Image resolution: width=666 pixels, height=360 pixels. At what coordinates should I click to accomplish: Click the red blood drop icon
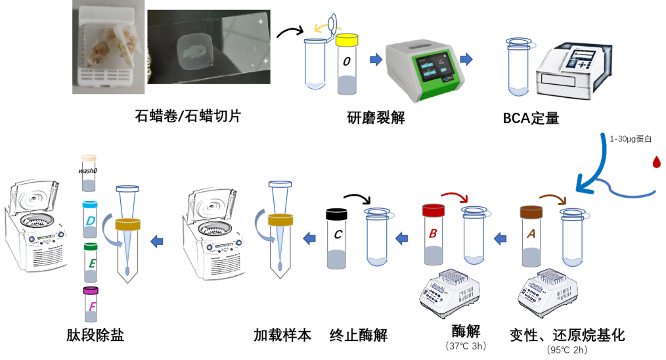click(654, 161)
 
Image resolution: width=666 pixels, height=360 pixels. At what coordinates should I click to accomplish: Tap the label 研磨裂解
click(376, 118)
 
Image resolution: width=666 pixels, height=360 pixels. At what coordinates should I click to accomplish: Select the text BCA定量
click(531, 118)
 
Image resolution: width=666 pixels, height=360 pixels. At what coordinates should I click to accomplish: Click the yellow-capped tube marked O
click(347, 66)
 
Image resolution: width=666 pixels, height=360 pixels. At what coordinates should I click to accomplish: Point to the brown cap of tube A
click(530, 212)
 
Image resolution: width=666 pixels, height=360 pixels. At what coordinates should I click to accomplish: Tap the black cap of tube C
click(337, 214)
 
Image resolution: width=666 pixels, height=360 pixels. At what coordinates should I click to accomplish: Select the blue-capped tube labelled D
click(90, 220)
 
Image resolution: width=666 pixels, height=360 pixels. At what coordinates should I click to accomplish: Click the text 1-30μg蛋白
click(631, 139)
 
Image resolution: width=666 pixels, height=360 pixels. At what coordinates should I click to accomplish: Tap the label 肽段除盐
click(96, 335)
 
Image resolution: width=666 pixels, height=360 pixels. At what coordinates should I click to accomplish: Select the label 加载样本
click(282, 335)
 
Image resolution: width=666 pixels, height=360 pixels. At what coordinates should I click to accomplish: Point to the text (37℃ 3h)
click(466, 346)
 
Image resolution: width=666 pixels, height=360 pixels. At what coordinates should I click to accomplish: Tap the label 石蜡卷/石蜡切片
click(188, 117)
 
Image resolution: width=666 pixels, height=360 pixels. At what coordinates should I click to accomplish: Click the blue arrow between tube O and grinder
click(376, 60)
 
